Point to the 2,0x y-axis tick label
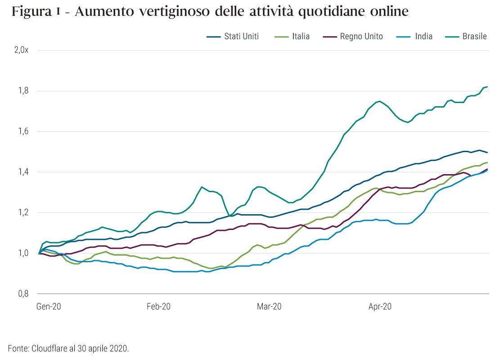click(x=21, y=50)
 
